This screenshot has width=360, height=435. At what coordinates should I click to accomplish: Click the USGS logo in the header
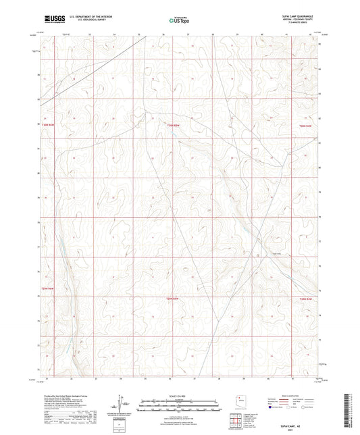(x=51, y=20)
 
